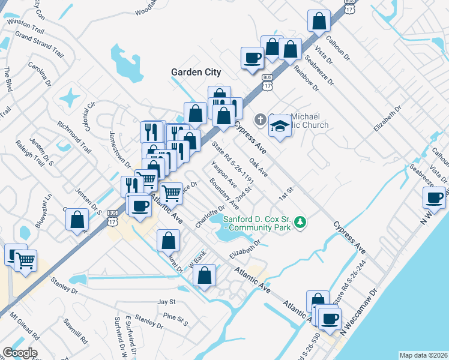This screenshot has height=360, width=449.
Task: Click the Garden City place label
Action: pyautogui.click(x=196, y=72)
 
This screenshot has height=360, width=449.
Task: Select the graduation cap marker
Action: pyautogui.click(x=279, y=126)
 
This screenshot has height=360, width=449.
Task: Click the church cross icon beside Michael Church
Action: pyautogui.click(x=260, y=119)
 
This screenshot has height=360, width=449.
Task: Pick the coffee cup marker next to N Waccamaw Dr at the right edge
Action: pyautogui.click(x=434, y=198)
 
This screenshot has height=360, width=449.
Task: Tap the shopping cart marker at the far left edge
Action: pyautogui.click(x=26, y=261)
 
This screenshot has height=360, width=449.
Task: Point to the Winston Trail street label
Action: pyautogui.click(x=25, y=26)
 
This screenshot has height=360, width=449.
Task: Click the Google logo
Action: pyautogui.click(x=20, y=353)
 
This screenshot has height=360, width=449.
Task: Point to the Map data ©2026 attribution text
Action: pyautogui.click(x=423, y=355)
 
